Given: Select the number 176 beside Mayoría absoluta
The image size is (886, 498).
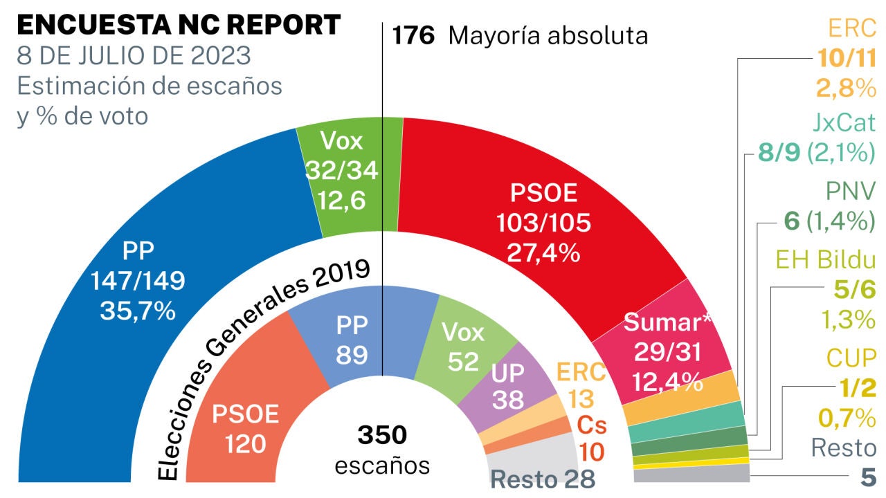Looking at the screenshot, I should tap(413, 36).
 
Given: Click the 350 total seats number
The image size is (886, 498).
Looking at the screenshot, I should tap(382, 436).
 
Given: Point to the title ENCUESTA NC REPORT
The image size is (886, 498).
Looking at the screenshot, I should tap(179, 26).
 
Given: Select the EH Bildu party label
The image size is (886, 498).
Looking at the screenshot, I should tap(826, 260).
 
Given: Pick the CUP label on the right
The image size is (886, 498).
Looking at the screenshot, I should tap(851, 358).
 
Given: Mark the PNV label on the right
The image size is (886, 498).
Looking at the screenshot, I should tap(851, 190).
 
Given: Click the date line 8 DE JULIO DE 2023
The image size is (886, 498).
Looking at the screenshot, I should tap(134, 55).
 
